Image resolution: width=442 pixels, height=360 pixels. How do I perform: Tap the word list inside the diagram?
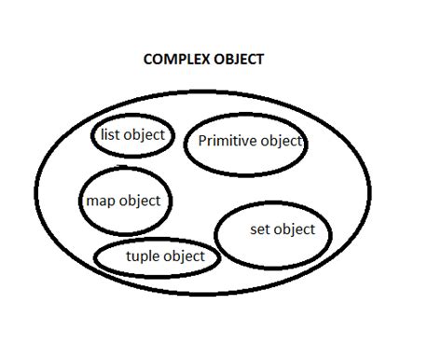coord(108,135)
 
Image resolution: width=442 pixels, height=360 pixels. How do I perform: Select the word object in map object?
coord(139,201)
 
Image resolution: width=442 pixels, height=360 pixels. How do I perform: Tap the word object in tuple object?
coord(185,256)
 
